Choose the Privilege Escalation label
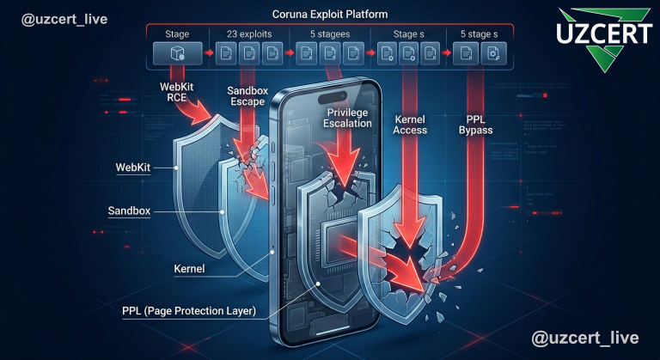pyautogui.click(x=350, y=118)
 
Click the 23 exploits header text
pyautogui.click(x=248, y=34)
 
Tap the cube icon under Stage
pyautogui.click(x=178, y=55)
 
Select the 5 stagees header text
pyautogui.click(x=329, y=34)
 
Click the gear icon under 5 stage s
pyautogui.click(x=493, y=55)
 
